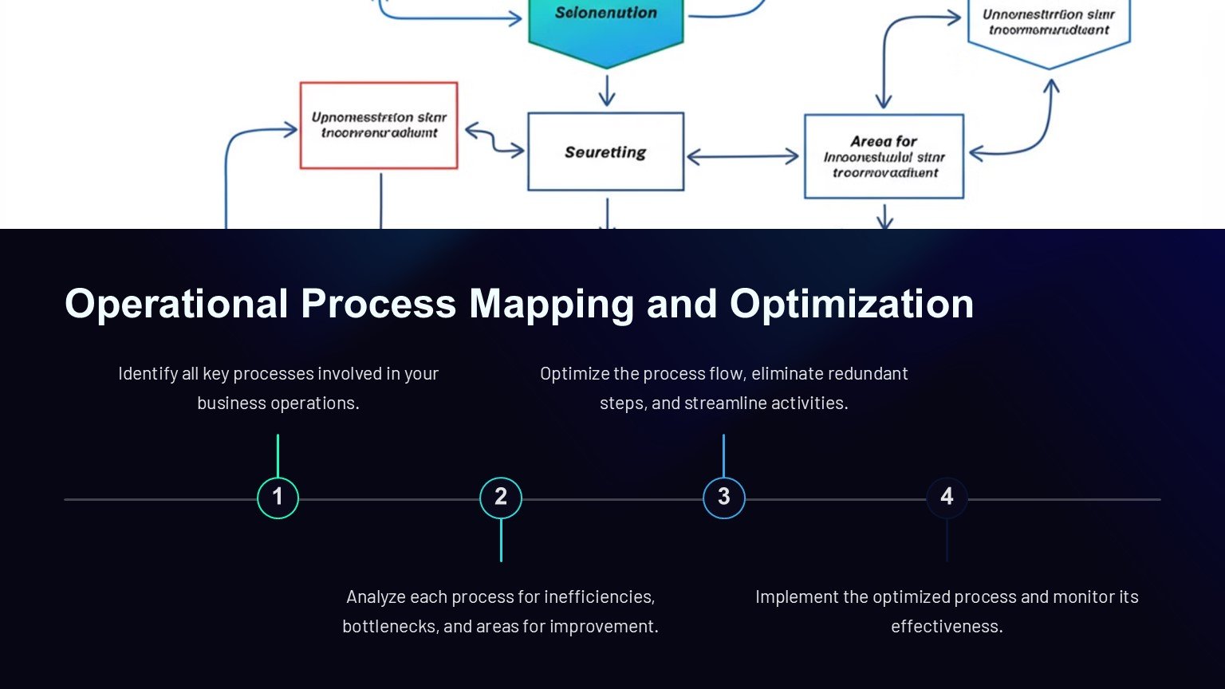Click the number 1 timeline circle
[278, 498]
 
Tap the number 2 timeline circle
[501, 498]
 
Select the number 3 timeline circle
[724, 498]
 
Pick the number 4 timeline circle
[947, 498]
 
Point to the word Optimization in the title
[851, 305]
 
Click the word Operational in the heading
[176, 305]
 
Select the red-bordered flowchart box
[379, 125]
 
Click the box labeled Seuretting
[605, 152]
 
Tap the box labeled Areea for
[884, 156]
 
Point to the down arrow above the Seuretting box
[607, 90]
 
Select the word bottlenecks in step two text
[390, 627]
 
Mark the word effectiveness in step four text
[947, 627]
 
